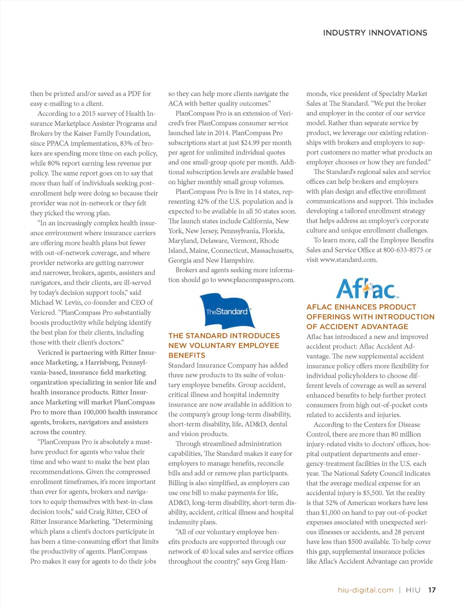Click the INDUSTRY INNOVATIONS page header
tap(375, 33)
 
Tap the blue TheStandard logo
tap(227, 311)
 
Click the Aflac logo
tap(367, 288)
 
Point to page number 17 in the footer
tap(432, 590)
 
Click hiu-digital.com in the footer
tap(366, 590)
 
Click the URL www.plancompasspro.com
tap(256, 280)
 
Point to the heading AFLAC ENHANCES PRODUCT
tap(361, 307)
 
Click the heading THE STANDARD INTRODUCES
tap(224, 336)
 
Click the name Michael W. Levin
tap(54, 303)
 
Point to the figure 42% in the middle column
tap(202, 202)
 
